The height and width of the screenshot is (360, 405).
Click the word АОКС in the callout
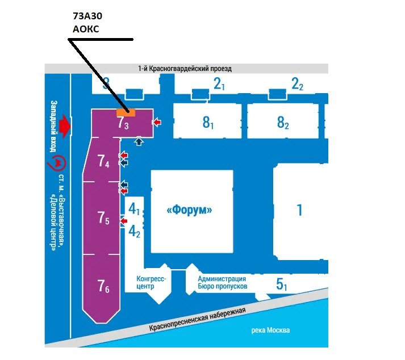coord(86,29)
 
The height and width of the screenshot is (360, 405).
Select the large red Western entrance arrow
coord(68,125)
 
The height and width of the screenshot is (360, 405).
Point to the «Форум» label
coord(190,210)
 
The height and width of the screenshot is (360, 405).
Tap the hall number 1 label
coord(299,210)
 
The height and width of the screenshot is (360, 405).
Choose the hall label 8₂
coord(283,122)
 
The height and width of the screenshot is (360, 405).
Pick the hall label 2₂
coord(297,85)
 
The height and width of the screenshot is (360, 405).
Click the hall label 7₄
coord(103,162)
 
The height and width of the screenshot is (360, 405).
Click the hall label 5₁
coord(282,284)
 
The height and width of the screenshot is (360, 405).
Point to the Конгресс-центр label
coord(151,282)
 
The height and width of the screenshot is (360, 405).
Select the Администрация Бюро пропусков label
coord(222,282)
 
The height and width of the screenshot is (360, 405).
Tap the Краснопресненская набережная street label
coord(198,320)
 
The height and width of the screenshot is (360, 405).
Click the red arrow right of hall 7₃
coord(157,122)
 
